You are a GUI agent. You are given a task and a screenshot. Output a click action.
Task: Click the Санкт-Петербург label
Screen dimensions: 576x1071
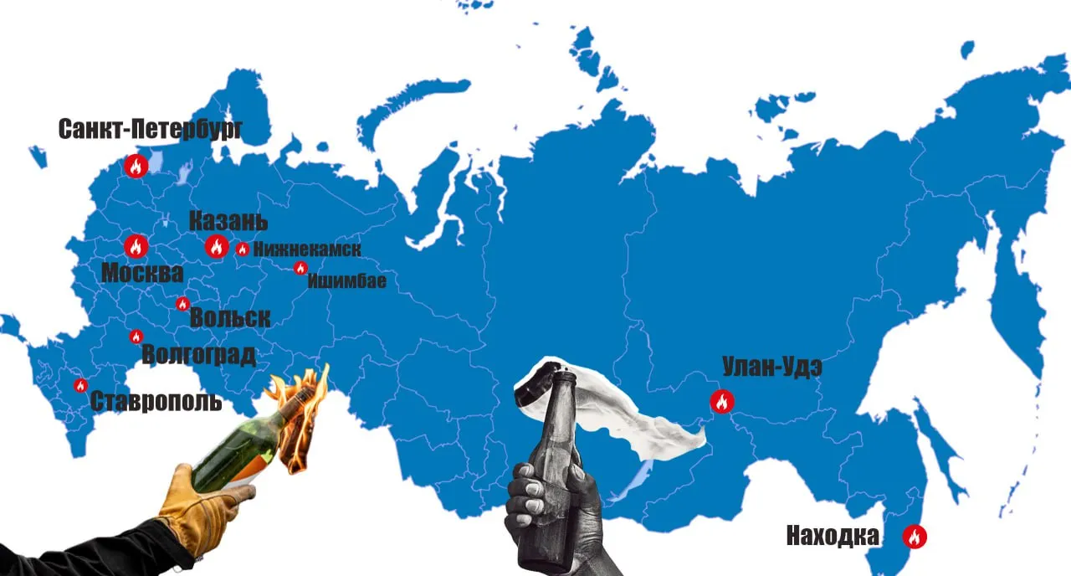coord(151,129)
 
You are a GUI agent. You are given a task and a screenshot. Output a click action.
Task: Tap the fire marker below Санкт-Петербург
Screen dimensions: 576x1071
coord(136,166)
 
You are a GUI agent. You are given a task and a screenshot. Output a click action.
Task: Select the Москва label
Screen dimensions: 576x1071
coord(142,273)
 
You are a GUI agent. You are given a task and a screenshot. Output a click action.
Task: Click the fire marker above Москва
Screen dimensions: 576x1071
coord(136,246)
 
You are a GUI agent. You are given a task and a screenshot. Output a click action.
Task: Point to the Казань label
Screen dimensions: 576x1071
coord(228,222)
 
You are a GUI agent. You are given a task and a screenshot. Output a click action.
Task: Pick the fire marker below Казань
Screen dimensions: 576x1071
coord(216,246)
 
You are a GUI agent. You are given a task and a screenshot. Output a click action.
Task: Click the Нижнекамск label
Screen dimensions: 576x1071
coord(307,249)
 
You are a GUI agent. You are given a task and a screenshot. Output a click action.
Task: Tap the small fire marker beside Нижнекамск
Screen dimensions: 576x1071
coord(242,249)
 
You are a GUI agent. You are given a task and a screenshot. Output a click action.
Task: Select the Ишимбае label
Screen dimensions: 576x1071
coord(346,281)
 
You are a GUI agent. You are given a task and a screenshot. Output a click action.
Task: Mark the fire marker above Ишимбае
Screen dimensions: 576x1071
coord(300,268)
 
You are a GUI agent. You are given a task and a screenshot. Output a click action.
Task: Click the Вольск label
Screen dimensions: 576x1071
coord(230,318)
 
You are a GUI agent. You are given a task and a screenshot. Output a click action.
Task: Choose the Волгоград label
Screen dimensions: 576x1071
coord(199,355)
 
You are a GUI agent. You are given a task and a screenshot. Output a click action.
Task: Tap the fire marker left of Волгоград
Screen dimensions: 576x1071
coord(136,337)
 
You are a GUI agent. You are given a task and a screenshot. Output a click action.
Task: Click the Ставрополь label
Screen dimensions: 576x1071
coord(156,401)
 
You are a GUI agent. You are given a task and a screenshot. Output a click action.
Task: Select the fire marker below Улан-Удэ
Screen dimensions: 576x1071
coord(721,402)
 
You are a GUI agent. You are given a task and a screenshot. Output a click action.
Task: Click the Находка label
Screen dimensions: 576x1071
coord(833,536)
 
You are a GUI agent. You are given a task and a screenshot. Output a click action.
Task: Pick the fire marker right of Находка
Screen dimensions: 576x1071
coord(915,537)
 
